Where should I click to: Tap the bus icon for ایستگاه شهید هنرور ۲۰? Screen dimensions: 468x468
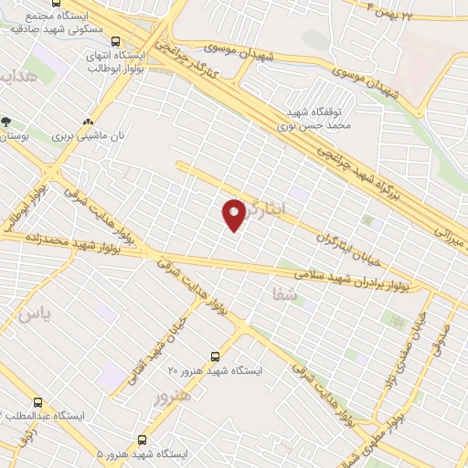coord(216,356)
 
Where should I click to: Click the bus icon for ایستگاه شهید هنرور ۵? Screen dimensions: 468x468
coord(142,439)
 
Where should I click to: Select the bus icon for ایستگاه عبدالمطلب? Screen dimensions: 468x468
coord(37,401)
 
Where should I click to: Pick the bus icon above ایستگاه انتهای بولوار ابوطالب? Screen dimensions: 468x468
coord(115,41)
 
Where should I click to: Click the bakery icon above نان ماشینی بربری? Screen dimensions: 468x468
coord(88,122)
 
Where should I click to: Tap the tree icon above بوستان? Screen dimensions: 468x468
coord(6,121)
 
